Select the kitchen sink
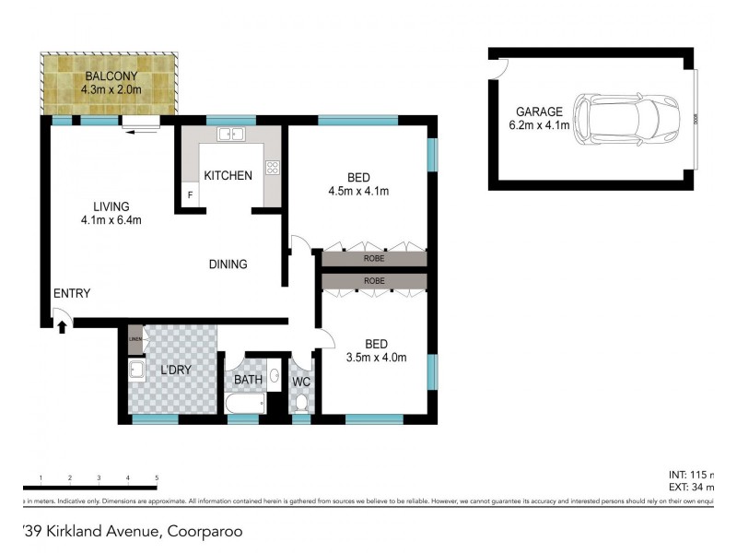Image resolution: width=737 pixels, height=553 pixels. (x=229, y=135)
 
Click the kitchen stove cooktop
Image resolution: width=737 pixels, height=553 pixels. (x=273, y=168)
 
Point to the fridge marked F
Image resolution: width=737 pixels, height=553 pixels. (x=190, y=195)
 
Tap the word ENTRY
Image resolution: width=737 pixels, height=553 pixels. (x=72, y=294)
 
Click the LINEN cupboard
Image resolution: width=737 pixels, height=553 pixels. (x=135, y=338)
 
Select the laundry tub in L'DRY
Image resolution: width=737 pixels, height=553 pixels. (x=136, y=371)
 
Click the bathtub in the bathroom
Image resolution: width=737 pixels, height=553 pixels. (x=243, y=403)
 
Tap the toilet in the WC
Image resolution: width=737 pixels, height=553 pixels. (x=301, y=402)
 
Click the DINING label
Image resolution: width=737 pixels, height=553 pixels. (x=228, y=265)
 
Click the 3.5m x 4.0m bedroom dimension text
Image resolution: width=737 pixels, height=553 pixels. (x=376, y=358)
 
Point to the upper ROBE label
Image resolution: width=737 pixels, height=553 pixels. (x=374, y=259)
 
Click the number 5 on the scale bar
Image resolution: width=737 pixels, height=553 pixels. (x=157, y=477)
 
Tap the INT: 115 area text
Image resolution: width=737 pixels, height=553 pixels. (x=691, y=474)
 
